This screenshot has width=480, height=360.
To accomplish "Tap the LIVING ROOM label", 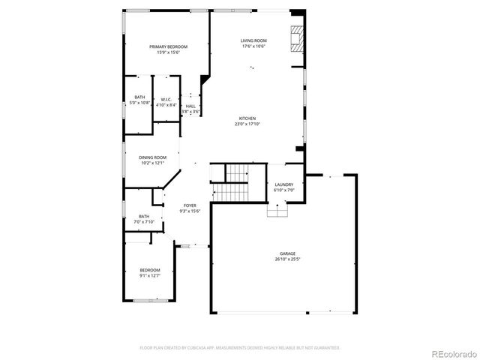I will coord(253,40).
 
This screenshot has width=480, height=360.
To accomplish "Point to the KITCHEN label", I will coord(247,118).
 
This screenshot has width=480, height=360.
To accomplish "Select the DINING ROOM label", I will coord(152,157).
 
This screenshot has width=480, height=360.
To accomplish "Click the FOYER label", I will coord(190,205).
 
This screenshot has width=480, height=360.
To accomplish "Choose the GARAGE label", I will coord(288,254).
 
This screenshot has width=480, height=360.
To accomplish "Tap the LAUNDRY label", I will coord(283,184).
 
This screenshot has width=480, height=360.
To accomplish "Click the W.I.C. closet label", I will coord(166,99).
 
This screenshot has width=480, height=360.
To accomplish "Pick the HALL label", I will coord(190,106).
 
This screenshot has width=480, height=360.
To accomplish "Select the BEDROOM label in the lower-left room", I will coord(150,270).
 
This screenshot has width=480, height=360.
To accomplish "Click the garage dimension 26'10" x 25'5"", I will coord(288,260).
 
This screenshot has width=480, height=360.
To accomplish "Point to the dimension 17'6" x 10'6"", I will coord(253,46).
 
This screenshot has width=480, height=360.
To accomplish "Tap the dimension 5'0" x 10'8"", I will coord(140,103).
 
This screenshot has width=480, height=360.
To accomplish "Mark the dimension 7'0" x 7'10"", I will coord(143,222).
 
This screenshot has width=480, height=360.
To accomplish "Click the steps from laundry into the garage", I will coord(277,211).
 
